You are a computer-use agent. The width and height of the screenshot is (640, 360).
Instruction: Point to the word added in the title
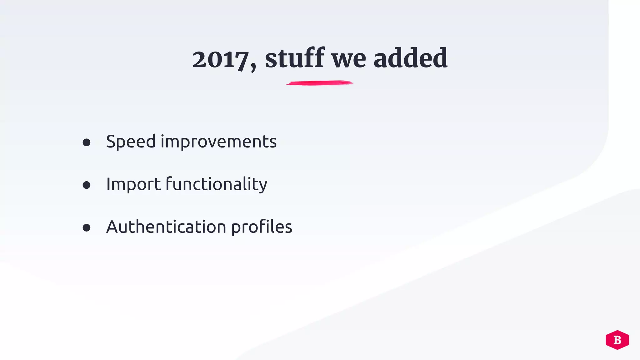click(410, 58)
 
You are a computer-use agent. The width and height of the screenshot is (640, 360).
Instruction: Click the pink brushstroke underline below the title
click(319, 83)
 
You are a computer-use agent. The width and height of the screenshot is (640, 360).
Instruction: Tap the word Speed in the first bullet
click(131, 142)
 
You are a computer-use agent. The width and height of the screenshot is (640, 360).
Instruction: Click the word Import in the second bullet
click(133, 184)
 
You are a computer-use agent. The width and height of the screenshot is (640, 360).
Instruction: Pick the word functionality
click(216, 184)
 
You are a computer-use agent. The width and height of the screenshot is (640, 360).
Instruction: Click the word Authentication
click(166, 227)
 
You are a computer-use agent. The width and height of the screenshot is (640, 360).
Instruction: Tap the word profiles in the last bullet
click(262, 227)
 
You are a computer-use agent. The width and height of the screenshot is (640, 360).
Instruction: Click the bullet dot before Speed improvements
click(87, 143)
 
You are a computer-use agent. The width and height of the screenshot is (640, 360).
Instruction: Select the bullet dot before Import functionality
click(87, 185)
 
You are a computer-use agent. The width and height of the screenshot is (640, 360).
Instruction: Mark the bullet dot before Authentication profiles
click(87, 228)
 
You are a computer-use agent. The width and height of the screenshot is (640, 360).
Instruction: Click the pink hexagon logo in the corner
click(617, 340)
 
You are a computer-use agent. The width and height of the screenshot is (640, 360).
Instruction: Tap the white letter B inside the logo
click(617, 340)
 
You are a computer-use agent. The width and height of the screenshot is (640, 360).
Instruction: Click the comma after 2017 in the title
click(253, 66)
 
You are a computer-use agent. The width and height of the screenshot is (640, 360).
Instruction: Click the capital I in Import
click(108, 184)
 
